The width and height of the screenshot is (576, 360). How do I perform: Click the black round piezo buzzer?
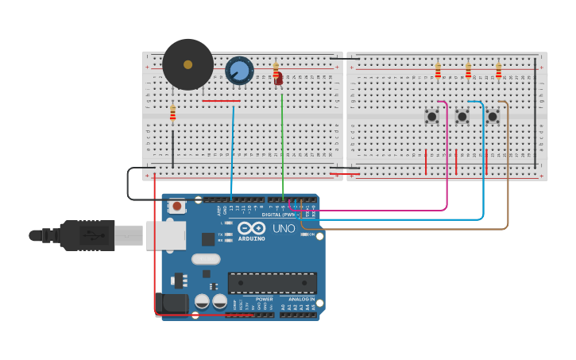click(x=187, y=64)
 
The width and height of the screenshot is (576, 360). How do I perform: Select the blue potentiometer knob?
click(x=239, y=71)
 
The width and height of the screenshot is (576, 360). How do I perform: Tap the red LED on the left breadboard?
click(x=278, y=78)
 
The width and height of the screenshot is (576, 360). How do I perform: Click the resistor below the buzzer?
click(x=172, y=114)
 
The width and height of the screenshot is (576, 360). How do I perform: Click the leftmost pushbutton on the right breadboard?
click(x=431, y=116)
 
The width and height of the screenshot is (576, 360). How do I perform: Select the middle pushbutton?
click(x=462, y=116)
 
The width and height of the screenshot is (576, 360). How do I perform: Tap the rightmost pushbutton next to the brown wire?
click(x=492, y=116)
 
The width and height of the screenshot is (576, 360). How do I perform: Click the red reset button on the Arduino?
click(x=177, y=207)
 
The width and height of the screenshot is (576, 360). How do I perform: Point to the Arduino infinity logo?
click(x=251, y=228)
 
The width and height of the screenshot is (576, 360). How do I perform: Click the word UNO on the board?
click(x=284, y=228)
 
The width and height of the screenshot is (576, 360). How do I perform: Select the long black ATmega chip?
click(x=273, y=282)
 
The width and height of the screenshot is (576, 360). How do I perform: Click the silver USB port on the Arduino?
click(x=164, y=235)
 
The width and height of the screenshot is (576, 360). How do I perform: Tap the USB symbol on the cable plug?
click(x=94, y=235)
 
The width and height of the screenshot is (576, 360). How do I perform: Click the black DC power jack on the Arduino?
click(x=173, y=304)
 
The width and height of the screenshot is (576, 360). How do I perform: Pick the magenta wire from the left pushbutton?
click(x=446, y=159)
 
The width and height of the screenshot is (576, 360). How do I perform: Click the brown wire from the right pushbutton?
click(x=508, y=175)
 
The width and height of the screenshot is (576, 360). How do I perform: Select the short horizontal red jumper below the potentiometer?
click(x=221, y=101)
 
